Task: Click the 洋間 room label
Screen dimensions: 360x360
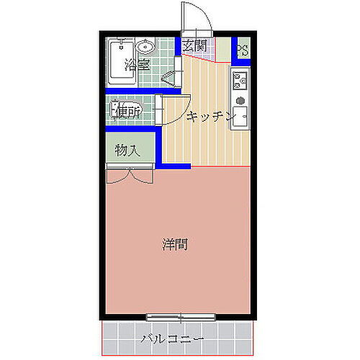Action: (174, 244)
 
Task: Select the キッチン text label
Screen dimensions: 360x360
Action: (210, 117)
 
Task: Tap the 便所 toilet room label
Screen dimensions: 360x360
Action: (128, 112)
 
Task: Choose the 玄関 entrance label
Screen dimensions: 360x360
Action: (194, 46)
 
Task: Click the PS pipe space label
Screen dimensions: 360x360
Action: (243, 52)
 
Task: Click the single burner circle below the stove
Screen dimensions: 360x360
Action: (239, 99)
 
